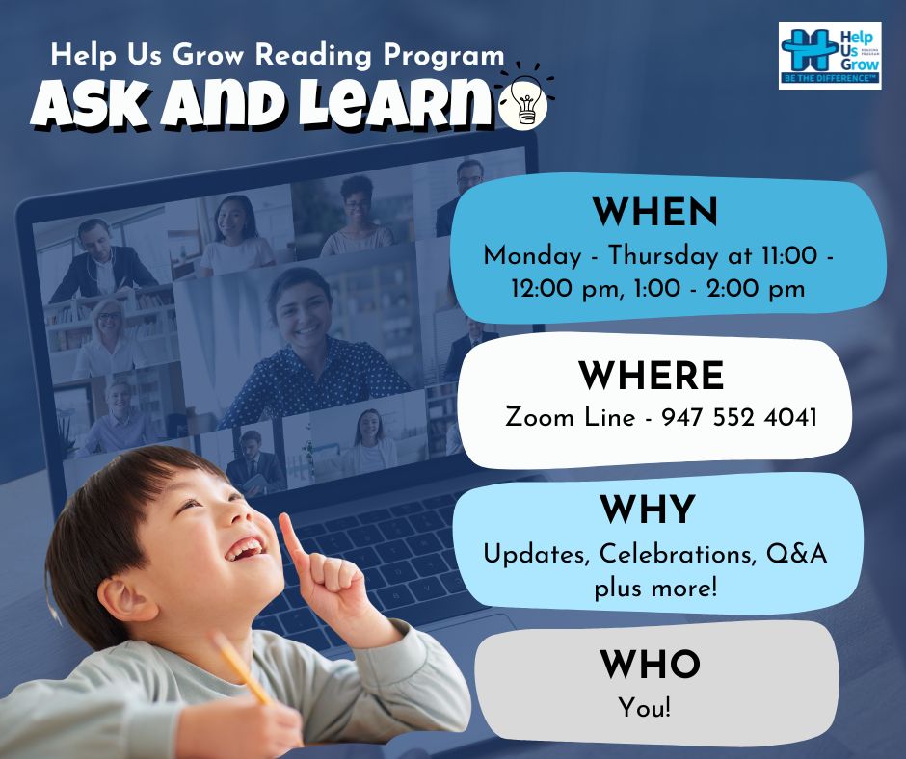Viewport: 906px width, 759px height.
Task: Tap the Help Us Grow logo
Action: [830, 56]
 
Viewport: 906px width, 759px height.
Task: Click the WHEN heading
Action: [655, 212]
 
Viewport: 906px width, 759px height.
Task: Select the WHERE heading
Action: [652, 376]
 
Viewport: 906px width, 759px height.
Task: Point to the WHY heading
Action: [647, 509]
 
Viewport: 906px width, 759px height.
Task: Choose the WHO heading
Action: [650, 664]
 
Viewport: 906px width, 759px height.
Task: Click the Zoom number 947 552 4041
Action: [739, 417]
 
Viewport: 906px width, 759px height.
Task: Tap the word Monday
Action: [532, 256]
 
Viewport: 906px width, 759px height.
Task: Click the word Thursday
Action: [663, 256]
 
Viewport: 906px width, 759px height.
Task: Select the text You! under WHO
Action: [645, 708]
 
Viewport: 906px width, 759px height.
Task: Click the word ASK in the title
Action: [91, 104]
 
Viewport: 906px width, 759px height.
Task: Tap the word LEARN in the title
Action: [398, 104]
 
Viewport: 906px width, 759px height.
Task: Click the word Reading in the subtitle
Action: [314, 56]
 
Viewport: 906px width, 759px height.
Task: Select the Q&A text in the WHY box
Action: [796, 554]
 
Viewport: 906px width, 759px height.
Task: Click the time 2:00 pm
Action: [756, 288]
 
